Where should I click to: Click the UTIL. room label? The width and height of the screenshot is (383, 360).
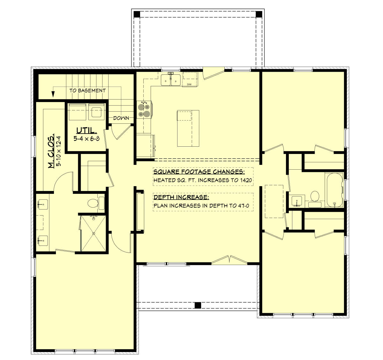pos(86,131)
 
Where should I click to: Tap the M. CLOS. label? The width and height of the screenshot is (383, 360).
pos(51,151)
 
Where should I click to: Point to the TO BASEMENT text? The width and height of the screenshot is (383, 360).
pos(87,90)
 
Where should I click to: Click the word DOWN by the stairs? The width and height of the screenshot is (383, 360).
pos(121,118)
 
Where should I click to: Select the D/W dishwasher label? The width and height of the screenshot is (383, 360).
pos(189,84)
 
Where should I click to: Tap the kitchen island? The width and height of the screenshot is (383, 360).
pos(188,129)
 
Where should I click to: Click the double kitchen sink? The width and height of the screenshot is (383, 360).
pos(171,80)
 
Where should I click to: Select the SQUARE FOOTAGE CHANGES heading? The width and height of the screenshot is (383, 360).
pos(199,172)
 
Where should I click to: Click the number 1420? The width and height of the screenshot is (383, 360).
pos(246,180)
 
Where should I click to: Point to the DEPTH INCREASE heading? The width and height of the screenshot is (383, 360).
pos(181,197)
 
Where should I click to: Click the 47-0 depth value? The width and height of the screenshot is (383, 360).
pos(244,206)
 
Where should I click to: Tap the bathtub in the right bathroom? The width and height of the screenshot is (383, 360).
pos(334,190)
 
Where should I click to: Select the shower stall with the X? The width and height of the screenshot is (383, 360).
pos(94,233)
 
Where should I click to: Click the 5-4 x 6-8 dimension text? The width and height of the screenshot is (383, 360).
pos(86,138)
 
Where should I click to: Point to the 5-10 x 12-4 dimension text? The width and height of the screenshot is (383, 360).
pos(58,151)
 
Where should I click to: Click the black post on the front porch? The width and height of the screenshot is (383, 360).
pos(198,305)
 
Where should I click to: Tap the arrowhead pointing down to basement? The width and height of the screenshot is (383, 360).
pos(53,94)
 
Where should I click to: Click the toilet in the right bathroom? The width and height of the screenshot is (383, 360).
pos(315,199)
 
